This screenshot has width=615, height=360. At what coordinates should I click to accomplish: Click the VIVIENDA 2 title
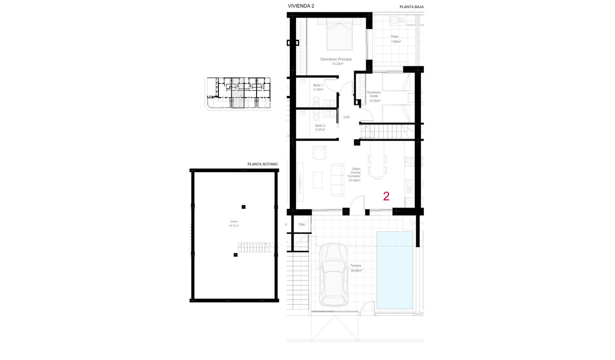pos(301,6)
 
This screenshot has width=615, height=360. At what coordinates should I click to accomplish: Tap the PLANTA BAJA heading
pos(411,7)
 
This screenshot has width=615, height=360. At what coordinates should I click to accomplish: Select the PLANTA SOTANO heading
pos(262,164)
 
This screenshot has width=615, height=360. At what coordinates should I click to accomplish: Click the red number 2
pos(386,196)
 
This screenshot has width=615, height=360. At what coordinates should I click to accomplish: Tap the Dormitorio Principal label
pos(336,61)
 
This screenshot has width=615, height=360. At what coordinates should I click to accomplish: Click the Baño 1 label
pos(318,87)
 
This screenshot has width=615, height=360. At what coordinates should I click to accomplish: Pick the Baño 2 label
pos(320,127)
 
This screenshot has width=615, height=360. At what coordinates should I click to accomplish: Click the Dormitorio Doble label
pos(374,96)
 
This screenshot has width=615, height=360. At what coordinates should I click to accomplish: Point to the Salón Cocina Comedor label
pos(354,175)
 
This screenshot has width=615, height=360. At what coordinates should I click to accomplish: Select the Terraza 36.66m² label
pos(356,268)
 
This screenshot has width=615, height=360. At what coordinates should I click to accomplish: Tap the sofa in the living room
pos(338,179)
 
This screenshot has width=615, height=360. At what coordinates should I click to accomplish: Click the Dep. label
pos(302,224)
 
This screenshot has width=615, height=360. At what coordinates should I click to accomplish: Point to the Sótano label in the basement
pos(234,224)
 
